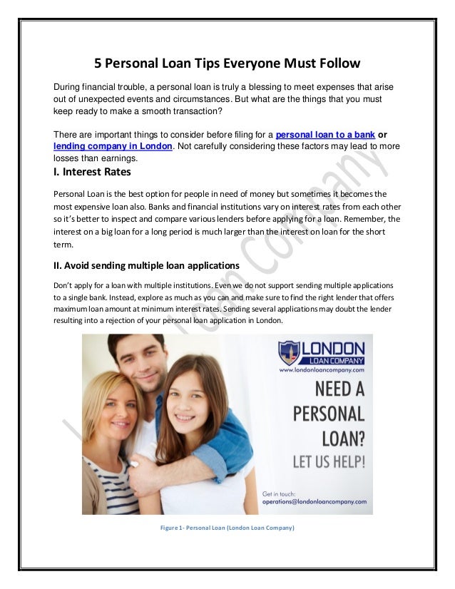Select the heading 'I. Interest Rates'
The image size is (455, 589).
(x=93, y=172)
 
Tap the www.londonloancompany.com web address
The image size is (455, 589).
(x=322, y=370)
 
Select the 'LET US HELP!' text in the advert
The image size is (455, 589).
(x=329, y=459)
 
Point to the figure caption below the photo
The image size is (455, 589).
(x=227, y=528)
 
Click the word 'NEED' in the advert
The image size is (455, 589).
(x=320, y=389)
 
